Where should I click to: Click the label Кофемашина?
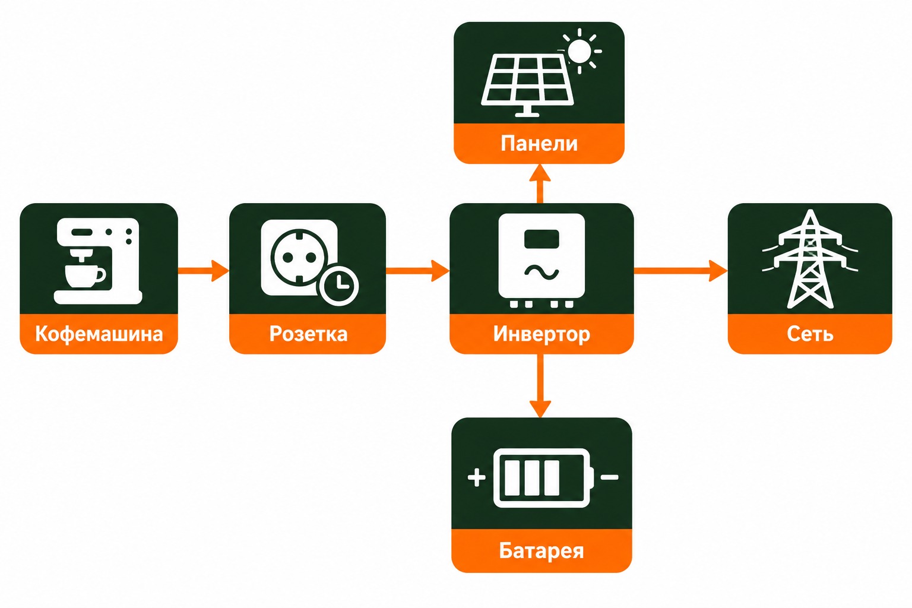pyautogui.click(x=99, y=334)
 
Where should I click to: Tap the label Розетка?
pyautogui.click(x=308, y=334)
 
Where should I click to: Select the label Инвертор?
pyautogui.click(x=541, y=334)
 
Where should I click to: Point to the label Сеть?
pyautogui.click(x=810, y=334)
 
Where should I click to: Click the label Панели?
pyautogui.click(x=539, y=143)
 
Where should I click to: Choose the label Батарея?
pyautogui.click(x=541, y=550)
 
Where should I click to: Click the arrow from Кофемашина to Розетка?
pyautogui.click(x=204, y=271)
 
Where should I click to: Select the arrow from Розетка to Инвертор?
pyautogui.click(x=418, y=271)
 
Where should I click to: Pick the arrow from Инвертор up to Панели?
pyautogui.click(x=540, y=183)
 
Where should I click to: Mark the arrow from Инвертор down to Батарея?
pyautogui.click(x=540, y=386)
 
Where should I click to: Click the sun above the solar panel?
pyautogui.click(x=579, y=51)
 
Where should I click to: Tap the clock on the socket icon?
pyautogui.click(x=339, y=285)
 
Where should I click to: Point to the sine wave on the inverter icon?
pyautogui.click(x=541, y=271)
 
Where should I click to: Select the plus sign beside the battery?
pyautogui.click(x=476, y=477)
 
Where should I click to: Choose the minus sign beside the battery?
pyautogui.click(x=610, y=477)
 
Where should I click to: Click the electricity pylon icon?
pyautogui.click(x=810, y=259)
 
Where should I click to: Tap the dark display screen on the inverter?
pyautogui.click(x=541, y=239)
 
